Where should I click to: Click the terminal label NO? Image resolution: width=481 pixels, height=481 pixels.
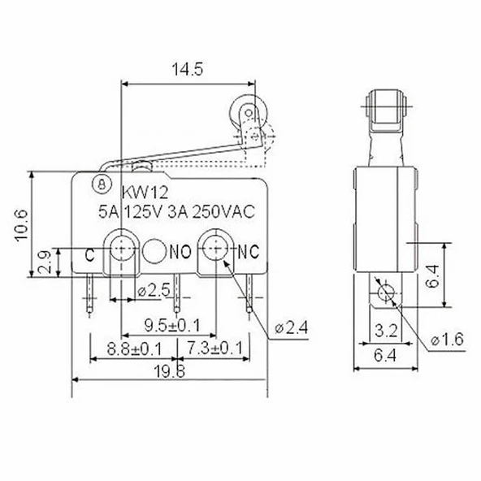click(180, 252)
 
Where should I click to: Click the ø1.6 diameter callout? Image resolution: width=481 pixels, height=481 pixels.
click(446, 340)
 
